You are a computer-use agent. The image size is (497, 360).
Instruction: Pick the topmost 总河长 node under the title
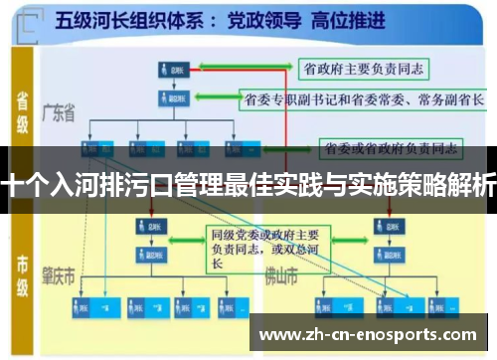coord(170,69)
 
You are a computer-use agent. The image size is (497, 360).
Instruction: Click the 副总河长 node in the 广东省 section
coord(170,98)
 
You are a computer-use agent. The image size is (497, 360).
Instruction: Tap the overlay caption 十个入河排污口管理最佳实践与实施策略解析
coord(248,185)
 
